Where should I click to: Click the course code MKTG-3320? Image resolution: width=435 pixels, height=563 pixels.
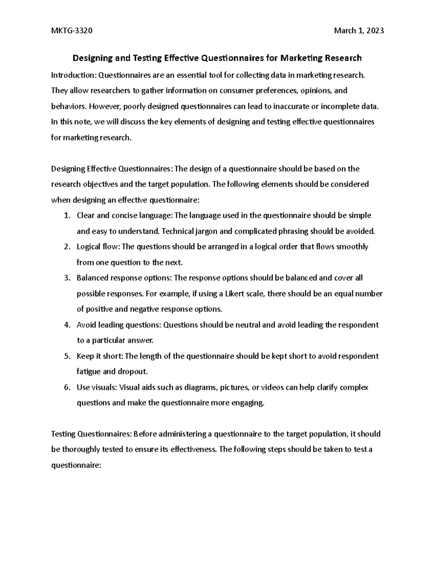pos(72,30)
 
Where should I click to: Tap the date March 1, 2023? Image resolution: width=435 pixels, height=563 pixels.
pos(359,30)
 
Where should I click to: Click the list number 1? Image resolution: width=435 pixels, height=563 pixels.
pos(66,215)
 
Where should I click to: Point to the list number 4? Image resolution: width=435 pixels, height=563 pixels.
pos(66,325)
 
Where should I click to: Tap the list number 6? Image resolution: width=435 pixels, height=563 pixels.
pos(66,387)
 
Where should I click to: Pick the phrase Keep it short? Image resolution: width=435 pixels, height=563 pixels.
pos(99,356)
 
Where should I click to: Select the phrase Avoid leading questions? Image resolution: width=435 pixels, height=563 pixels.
pos(118,325)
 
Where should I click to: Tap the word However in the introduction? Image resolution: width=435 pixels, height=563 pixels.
pos(105,106)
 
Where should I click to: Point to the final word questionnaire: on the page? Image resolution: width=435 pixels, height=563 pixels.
pos(75,465)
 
